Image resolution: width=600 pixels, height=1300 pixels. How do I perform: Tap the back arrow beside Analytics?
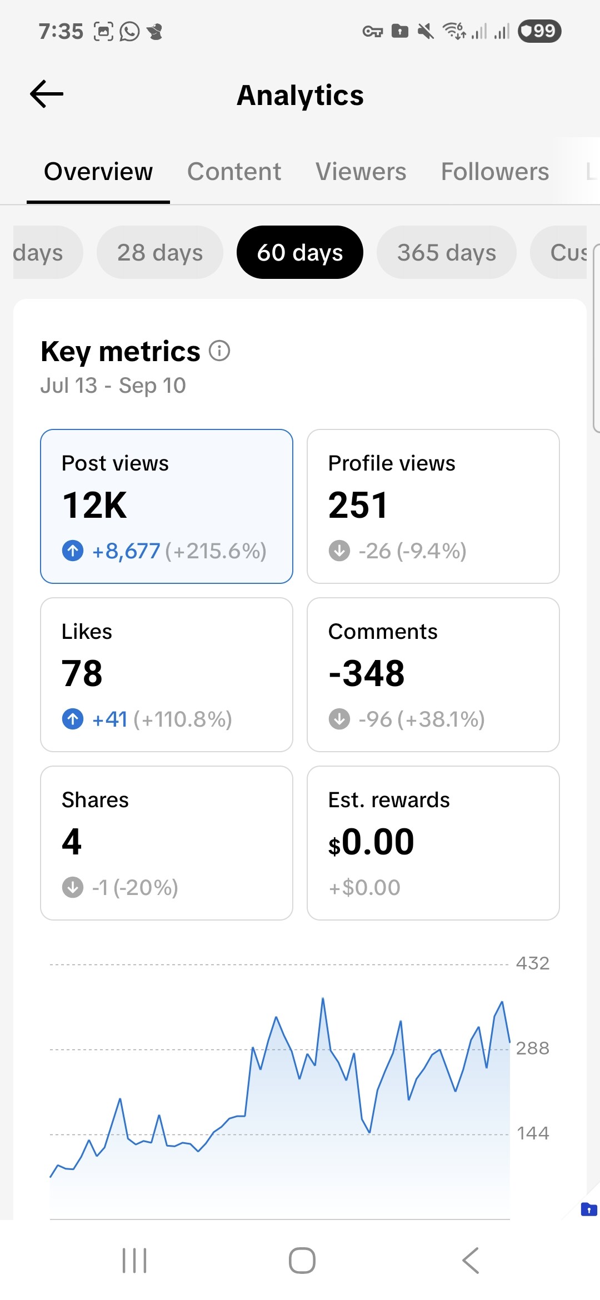47,94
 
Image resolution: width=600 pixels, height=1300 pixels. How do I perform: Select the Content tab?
234,172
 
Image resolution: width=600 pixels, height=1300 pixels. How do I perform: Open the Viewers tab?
361,172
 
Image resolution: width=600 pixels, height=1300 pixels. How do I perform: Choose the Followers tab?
494,172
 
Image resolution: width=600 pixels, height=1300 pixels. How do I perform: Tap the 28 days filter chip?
160,253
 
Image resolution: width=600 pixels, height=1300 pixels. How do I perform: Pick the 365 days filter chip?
446,253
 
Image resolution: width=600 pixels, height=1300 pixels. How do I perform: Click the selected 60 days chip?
300,253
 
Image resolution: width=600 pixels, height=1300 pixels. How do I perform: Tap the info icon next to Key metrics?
219,351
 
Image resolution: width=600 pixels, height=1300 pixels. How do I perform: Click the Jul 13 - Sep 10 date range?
113,386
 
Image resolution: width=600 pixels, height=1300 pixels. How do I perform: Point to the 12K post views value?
94,506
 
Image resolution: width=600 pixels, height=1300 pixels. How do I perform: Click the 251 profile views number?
358,506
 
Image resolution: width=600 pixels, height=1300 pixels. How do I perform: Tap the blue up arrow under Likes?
73,719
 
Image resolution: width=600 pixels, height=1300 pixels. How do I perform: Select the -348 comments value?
367,673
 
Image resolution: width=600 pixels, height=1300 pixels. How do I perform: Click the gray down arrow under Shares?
73,887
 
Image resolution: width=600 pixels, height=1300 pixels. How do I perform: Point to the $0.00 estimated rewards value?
371,842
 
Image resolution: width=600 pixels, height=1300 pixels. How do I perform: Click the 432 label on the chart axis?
532,963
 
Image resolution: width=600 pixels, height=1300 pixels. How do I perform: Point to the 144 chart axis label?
532,1133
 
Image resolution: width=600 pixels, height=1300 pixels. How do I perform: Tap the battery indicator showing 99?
539,31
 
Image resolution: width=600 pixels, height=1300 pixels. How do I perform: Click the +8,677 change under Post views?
126,551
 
